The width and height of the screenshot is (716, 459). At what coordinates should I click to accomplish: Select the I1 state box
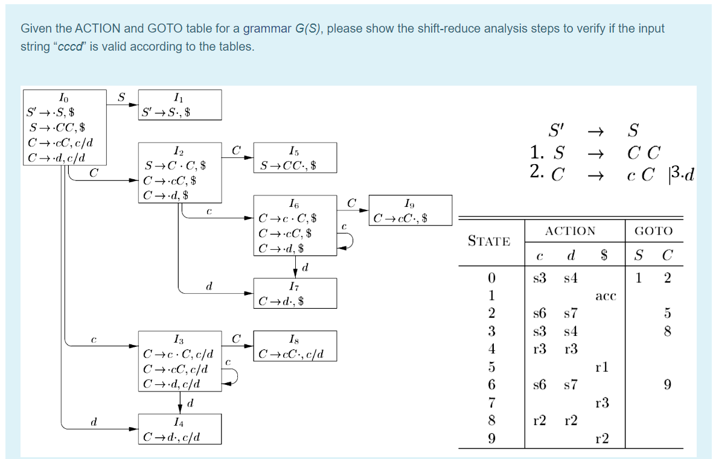179,104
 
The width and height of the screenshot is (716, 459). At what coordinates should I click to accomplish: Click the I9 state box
409,210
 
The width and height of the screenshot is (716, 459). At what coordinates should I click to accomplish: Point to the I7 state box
295,293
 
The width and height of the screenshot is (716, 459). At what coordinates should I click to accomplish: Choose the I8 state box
295,346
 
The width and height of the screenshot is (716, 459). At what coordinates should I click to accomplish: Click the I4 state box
179,429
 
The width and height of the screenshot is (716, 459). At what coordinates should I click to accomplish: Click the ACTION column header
570,231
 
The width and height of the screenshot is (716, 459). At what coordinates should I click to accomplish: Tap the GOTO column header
653,231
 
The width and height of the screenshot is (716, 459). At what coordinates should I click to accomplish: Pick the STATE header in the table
488,241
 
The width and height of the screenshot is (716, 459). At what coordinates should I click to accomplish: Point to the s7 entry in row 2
571,314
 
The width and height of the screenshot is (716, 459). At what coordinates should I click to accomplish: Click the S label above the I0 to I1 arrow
121,96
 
